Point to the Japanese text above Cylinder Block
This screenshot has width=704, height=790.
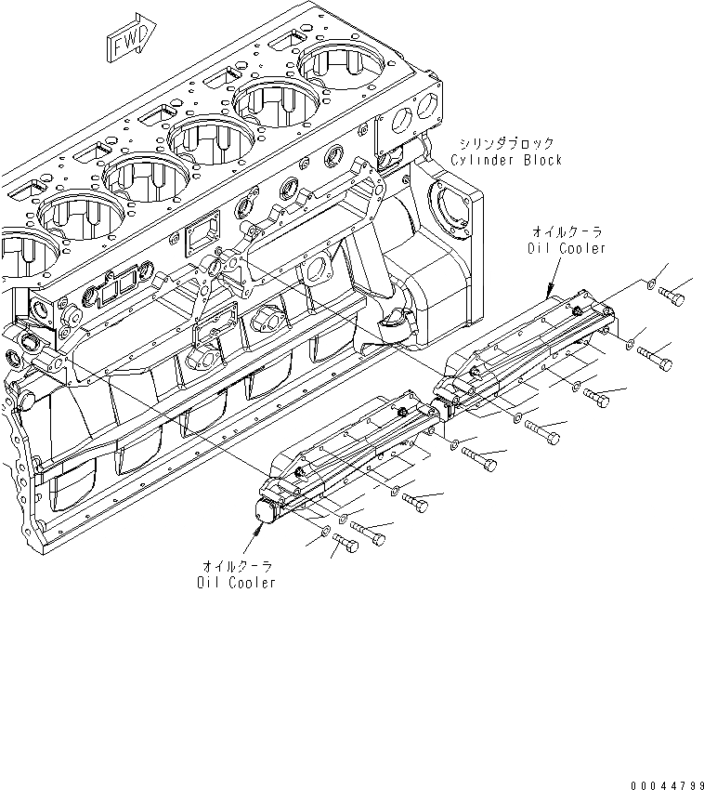coord(506,144)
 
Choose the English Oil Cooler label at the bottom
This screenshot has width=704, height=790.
coord(236,583)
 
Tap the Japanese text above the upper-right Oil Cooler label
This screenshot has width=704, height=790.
coord(567,231)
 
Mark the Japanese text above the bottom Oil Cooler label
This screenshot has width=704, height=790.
coord(237,565)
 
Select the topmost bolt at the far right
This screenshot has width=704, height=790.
coord(673,296)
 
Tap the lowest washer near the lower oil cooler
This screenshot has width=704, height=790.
coord(324,533)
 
